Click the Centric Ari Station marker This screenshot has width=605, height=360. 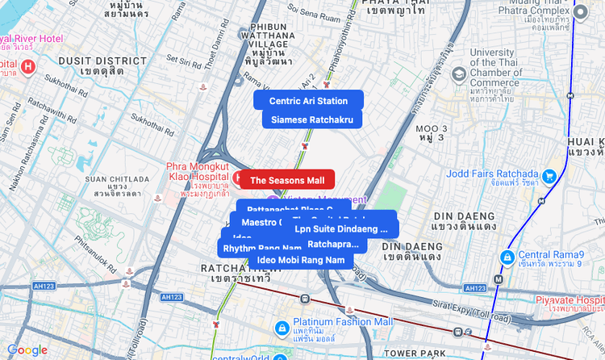click(x=308, y=100)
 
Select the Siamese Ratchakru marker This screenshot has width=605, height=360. click(x=311, y=119)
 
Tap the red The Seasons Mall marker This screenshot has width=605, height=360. click(x=286, y=179)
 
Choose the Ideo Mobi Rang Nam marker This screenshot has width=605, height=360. click(x=300, y=260)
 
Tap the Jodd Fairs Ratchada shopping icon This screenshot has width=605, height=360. click(x=549, y=176)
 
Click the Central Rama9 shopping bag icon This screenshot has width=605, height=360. click(x=507, y=257)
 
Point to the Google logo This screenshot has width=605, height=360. click(x=27, y=350)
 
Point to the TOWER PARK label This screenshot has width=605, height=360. click(x=415, y=353)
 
